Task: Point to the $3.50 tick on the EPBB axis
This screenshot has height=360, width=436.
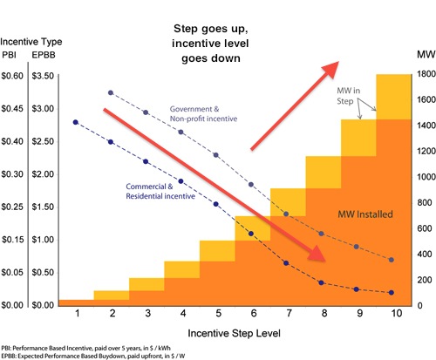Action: pyautogui.click(x=46, y=76)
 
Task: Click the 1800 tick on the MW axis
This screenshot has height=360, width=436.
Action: pyautogui.click(x=420, y=76)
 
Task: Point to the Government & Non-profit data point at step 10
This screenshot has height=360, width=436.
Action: pyautogui.click(x=391, y=260)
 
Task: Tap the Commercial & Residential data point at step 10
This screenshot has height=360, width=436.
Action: pyautogui.click(x=391, y=293)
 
